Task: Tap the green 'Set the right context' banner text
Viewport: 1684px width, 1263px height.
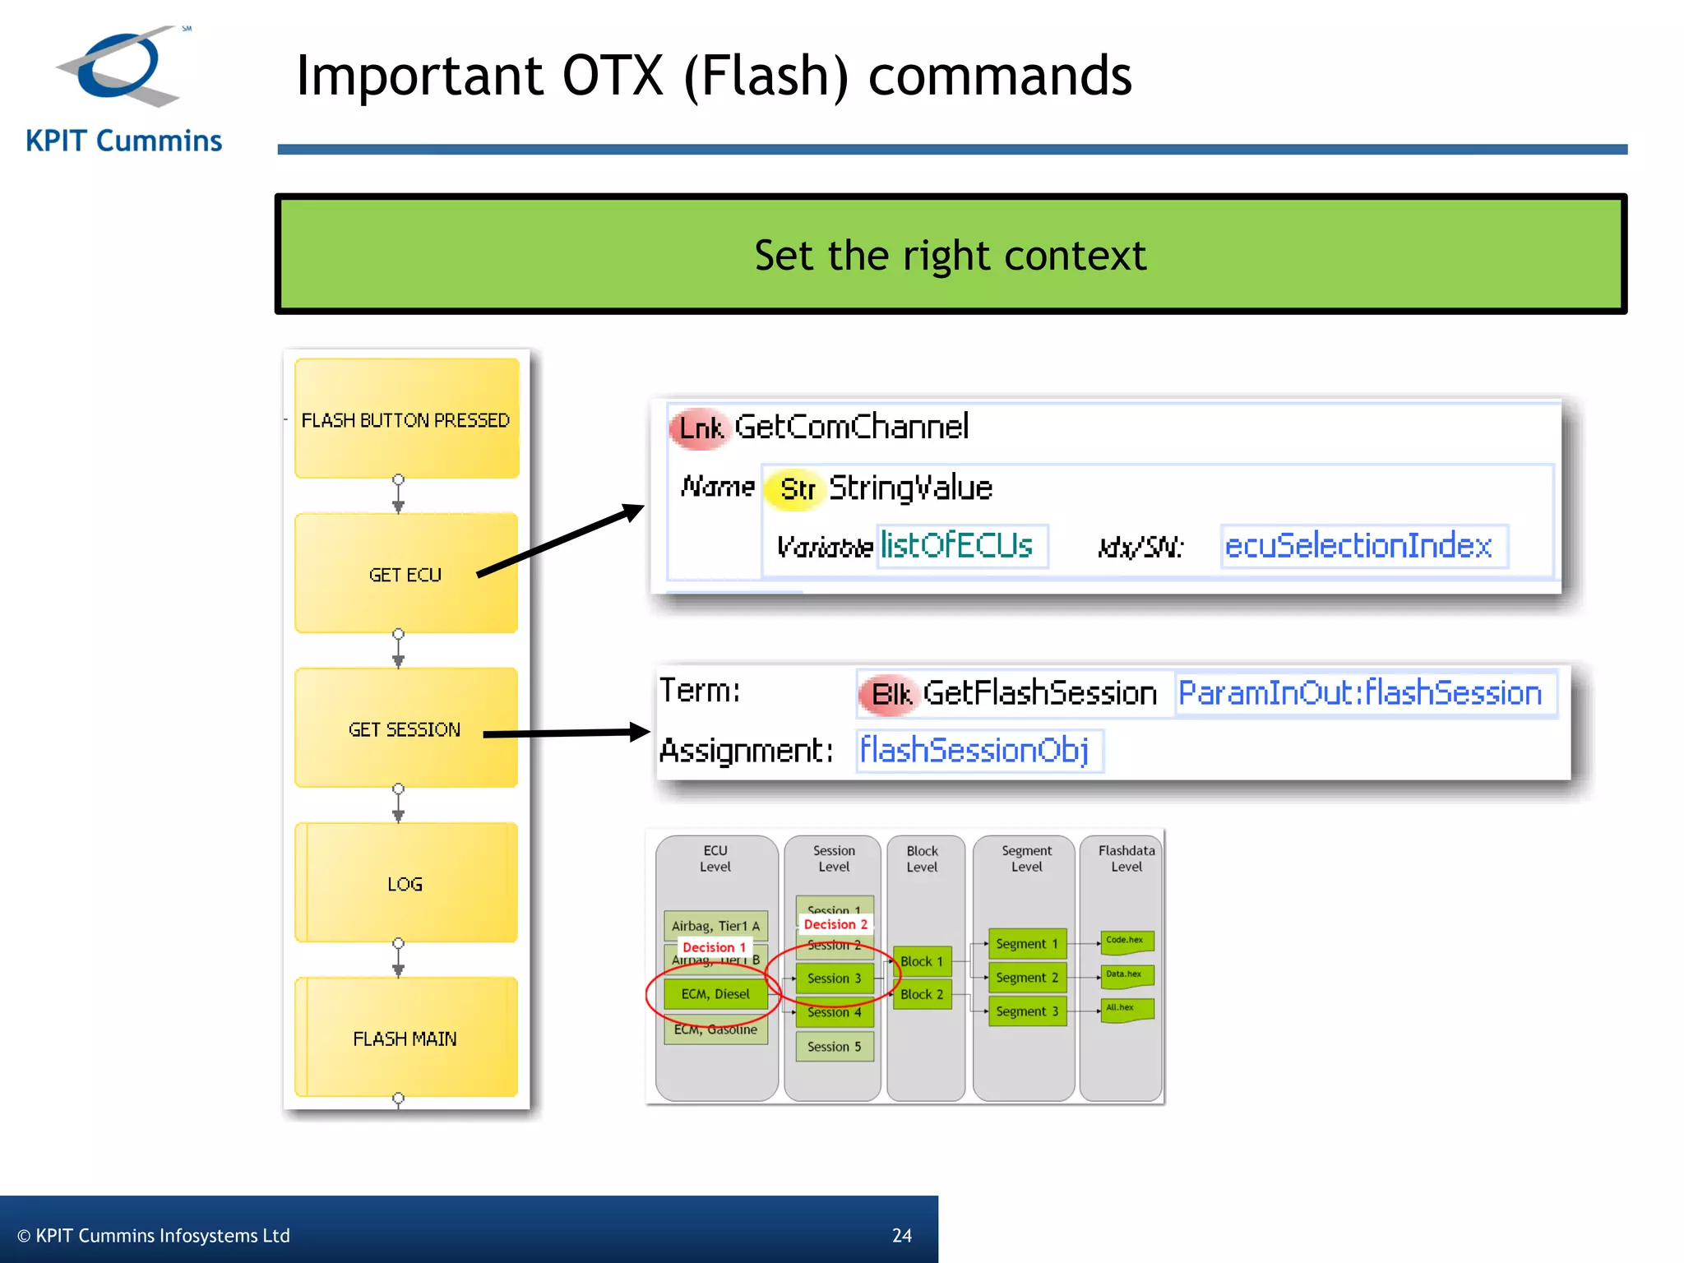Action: [x=950, y=255]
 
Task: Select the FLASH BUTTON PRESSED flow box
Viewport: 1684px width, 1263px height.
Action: [x=406, y=419]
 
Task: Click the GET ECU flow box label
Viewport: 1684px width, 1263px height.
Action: [x=405, y=575]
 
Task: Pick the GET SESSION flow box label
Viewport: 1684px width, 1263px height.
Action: [x=405, y=729]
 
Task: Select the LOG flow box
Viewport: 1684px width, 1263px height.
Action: [x=405, y=884]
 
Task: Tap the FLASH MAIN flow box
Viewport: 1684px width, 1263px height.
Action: [x=405, y=1039]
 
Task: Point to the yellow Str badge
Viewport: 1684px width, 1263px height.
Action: [x=796, y=489]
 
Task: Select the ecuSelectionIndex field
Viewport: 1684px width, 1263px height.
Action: [x=1361, y=546]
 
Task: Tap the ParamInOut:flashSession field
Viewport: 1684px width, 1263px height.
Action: [x=1361, y=693]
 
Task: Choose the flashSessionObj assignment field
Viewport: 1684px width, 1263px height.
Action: [x=976, y=750]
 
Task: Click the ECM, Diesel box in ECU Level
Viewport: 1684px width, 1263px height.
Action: [x=715, y=994]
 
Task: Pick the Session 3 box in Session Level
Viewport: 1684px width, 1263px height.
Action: [x=834, y=978]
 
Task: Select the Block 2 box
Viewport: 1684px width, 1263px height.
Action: [x=921, y=995]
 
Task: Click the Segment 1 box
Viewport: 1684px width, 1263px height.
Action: [x=1026, y=944]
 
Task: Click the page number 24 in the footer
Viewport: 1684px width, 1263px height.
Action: [x=902, y=1235]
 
